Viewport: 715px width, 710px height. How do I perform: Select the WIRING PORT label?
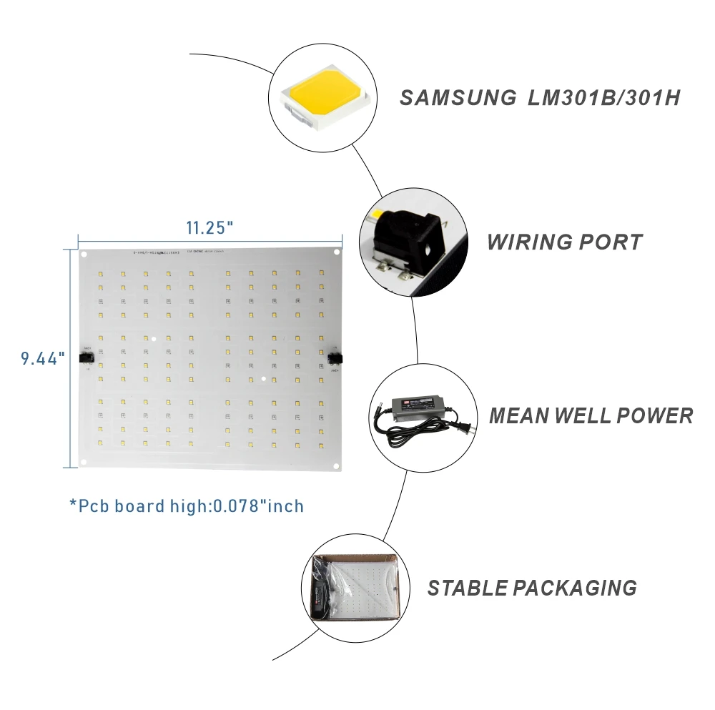pyautogui.click(x=564, y=242)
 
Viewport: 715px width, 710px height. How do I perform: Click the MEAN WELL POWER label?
pyautogui.click(x=591, y=415)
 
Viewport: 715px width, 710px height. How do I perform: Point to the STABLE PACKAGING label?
pyautogui.click(x=532, y=588)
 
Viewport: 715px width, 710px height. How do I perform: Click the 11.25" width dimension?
pyautogui.click(x=210, y=228)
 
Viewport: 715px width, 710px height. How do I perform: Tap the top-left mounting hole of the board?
pyautogui.click(x=84, y=254)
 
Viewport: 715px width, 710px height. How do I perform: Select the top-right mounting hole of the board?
pyautogui.click(x=336, y=252)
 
